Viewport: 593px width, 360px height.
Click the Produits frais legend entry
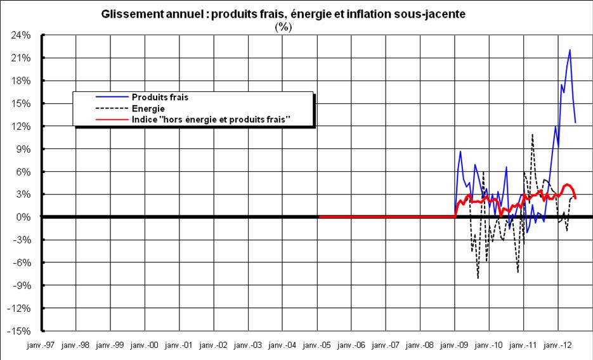click(160, 98)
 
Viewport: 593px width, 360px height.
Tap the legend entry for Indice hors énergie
click(210, 119)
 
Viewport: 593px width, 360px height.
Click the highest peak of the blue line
click(570, 49)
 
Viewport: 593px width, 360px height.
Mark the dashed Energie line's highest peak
click(532, 134)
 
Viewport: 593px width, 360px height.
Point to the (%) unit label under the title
click(282, 27)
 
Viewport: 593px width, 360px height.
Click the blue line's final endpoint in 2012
click(575, 122)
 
